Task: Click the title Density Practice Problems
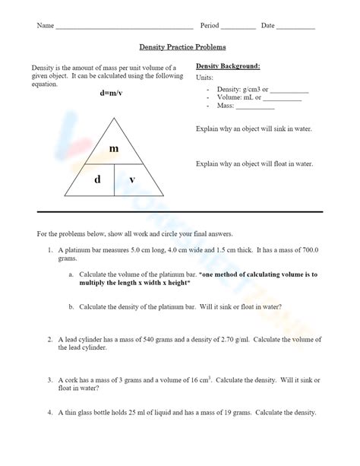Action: point(180,46)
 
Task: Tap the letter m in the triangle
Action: point(114,149)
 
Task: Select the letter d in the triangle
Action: point(97,179)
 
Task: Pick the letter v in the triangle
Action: point(132,179)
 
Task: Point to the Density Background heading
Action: point(228,66)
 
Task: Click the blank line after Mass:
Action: point(255,106)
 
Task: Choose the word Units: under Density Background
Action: point(205,78)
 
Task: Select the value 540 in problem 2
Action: point(147,340)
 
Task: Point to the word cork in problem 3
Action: point(69,379)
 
